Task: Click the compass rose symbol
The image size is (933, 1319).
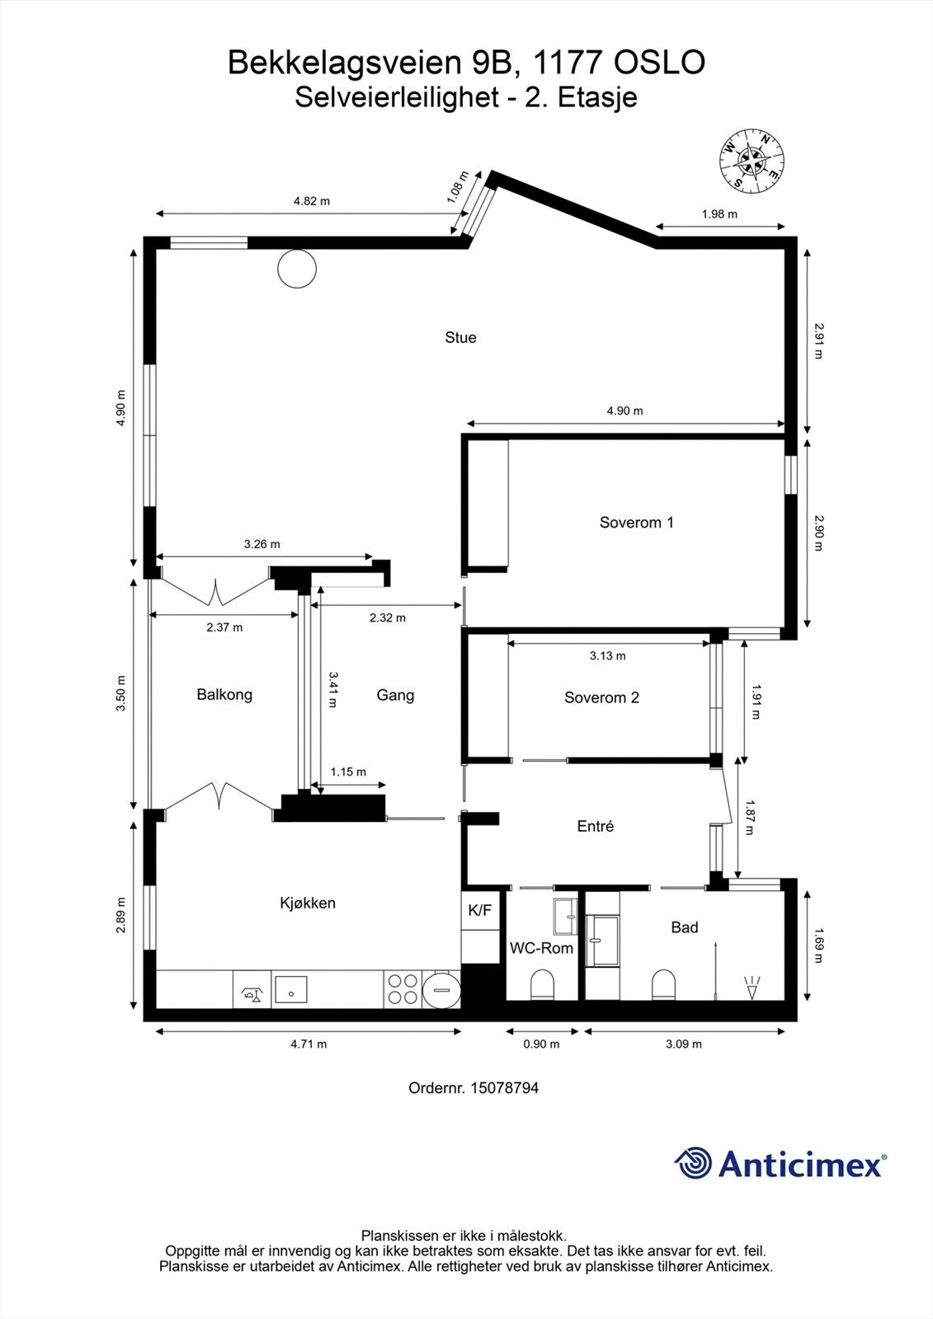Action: click(752, 162)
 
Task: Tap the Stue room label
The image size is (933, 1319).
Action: click(460, 337)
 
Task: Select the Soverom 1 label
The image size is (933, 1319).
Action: click(637, 523)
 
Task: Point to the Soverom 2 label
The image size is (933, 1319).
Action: click(601, 697)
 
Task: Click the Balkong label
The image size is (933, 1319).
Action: click(224, 695)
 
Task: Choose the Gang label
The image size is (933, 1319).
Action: click(395, 696)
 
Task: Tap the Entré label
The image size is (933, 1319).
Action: click(596, 826)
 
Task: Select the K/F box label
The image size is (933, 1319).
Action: click(480, 910)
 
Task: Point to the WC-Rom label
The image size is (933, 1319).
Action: click(542, 948)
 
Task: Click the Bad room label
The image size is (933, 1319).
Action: click(685, 927)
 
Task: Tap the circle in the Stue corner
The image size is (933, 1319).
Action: click(297, 269)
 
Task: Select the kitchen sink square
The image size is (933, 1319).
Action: click(291, 988)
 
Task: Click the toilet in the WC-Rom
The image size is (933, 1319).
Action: click(542, 985)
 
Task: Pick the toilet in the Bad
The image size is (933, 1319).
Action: click(663, 985)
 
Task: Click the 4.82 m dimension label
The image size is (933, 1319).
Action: click(312, 201)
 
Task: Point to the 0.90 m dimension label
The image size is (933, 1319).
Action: click(542, 1044)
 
